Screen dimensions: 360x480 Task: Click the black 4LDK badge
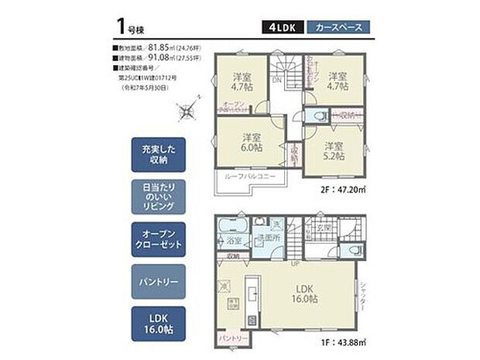click(283, 26)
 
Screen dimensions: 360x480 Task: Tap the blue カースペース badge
click(338, 26)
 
